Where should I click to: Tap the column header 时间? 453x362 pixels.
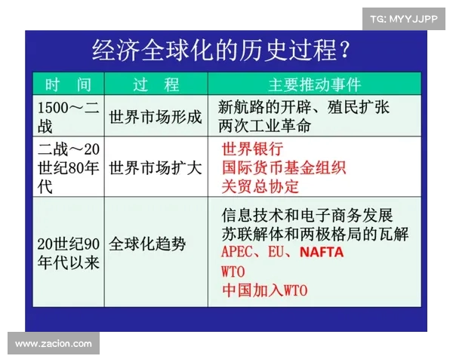(68, 83)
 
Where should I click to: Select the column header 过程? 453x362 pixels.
(156, 83)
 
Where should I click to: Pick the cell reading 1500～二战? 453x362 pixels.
(68, 116)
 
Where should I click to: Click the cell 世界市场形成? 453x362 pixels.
(156, 117)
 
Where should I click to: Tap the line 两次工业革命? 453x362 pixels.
(263, 125)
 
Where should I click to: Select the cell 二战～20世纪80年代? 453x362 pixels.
(68, 167)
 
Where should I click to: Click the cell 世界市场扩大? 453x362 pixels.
(156, 167)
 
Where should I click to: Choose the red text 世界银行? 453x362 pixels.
(252, 149)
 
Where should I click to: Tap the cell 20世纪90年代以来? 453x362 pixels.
(68, 253)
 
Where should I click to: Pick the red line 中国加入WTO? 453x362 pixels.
(265, 290)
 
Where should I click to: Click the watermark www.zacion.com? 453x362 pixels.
(54, 344)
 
